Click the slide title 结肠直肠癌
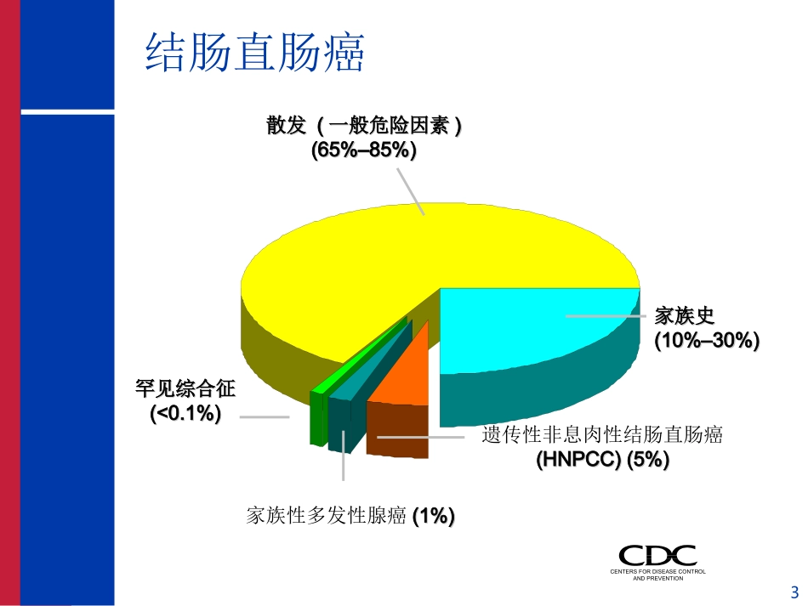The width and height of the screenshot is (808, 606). click(255, 53)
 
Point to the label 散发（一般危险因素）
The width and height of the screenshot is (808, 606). click(364, 127)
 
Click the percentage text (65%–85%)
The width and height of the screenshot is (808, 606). click(363, 150)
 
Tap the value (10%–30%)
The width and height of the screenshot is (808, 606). click(706, 341)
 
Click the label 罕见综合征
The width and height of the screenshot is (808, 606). click(185, 389)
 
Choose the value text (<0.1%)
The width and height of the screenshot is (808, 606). click(185, 414)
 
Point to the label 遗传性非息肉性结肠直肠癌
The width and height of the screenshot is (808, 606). click(602, 435)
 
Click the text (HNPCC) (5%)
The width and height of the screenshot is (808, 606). click(602, 460)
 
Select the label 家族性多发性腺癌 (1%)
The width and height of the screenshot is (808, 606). click(350, 515)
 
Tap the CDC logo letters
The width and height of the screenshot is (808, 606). click(657, 556)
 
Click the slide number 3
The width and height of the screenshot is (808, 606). click(795, 592)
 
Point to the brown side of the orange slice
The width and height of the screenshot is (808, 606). click(397, 431)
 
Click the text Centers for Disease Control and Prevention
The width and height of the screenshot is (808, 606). click(657, 575)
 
